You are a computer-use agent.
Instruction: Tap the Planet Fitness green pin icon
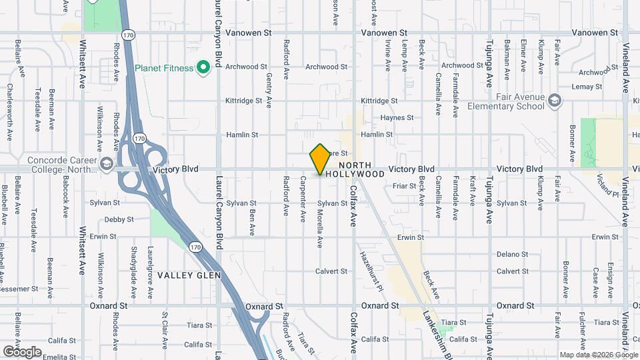(x=205, y=67)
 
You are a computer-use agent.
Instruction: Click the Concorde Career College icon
(x=106, y=164)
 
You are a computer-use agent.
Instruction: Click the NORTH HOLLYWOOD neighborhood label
(x=362, y=169)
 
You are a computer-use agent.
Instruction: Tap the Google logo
(x=22, y=351)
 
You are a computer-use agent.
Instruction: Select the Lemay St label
(x=587, y=87)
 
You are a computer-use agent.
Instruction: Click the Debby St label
(x=119, y=219)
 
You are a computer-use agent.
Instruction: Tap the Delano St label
(x=512, y=254)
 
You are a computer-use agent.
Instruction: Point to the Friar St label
(x=405, y=186)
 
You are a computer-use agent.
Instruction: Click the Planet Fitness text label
(x=164, y=67)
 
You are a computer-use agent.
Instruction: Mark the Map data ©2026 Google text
(x=598, y=355)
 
